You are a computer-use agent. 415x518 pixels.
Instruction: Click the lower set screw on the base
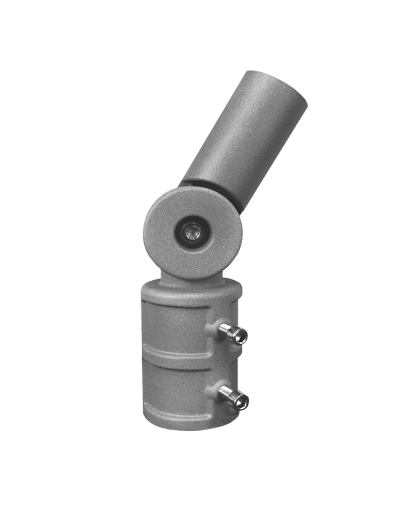coord(233,397)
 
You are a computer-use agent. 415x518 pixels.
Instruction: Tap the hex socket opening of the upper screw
coord(241,337)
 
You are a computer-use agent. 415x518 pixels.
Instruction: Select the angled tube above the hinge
coord(244,140)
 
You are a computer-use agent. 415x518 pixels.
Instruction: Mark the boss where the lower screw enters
coord(214,392)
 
